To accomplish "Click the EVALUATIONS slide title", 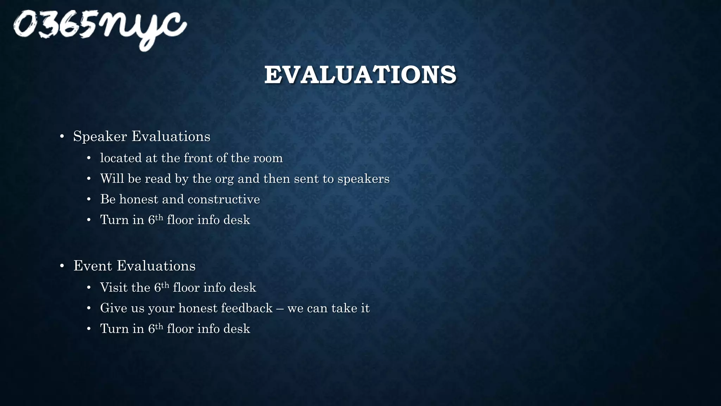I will [360, 75].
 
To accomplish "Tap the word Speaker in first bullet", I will [100, 137].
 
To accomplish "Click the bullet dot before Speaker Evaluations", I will [62, 137].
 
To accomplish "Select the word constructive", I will [224, 199].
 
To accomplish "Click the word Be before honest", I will [108, 199].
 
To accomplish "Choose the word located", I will [121, 158].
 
